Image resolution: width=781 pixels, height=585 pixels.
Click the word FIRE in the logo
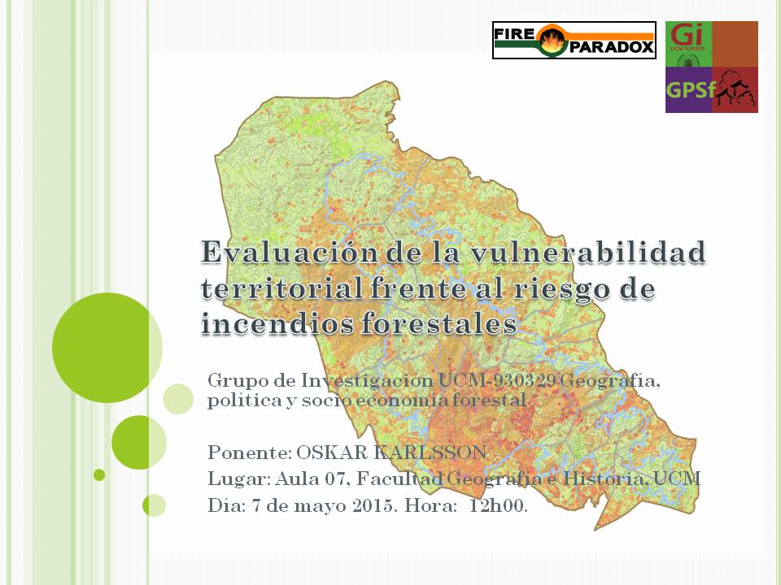[x=514, y=34]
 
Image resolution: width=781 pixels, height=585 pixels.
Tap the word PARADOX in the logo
[x=610, y=47]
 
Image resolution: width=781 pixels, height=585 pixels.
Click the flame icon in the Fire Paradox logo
[x=552, y=40]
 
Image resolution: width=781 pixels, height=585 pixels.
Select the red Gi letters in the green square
[x=687, y=35]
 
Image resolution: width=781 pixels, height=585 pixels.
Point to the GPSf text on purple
[x=691, y=90]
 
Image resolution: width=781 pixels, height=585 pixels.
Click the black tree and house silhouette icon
[x=735, y=89]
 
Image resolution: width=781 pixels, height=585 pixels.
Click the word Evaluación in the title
[x=290, y=252]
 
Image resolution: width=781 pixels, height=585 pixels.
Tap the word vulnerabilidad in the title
[x=587, y=252]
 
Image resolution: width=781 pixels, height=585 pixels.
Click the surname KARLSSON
[x=430, y=453]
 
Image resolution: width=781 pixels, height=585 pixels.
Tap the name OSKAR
[x=332, y=453]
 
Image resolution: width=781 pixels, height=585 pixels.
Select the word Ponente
[x=249, y=453]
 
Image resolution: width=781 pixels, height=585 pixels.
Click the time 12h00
[x=498, y=506]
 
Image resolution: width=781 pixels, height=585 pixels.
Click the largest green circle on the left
[x=107, y=348]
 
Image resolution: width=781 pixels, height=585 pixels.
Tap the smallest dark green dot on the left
[x=99, y=475]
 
